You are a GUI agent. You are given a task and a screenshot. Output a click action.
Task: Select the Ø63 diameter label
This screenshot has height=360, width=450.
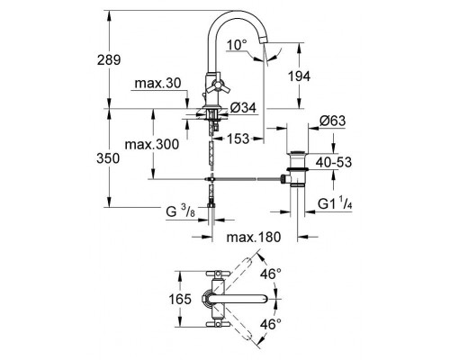(335, 122)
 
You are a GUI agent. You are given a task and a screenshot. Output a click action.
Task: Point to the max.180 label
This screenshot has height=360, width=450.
(254, 237)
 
